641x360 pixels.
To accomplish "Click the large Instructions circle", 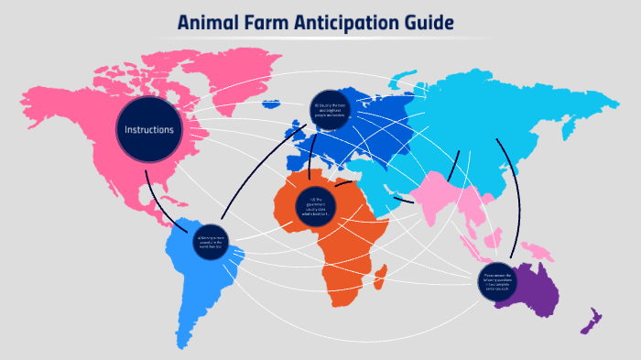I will (149, 130).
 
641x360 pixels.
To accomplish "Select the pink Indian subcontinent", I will (430, 197).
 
